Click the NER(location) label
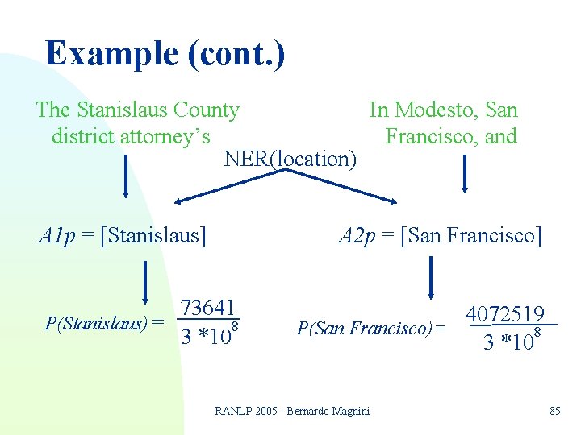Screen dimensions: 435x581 click(290, 159)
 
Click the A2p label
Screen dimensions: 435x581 click(356, 235)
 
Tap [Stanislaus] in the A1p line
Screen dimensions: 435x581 click(156, 235)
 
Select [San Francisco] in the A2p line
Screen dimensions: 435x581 click(471, 235)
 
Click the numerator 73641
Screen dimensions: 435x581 click(207, 308)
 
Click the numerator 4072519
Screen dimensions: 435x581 click(506, 314)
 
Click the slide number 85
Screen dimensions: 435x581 click(554, 411)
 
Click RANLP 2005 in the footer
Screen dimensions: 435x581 click(242, 411)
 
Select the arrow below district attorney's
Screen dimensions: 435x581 click(125, 175)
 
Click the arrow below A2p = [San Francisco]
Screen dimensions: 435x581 click(433, 278)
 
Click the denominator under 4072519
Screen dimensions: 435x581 click(511, 341)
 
